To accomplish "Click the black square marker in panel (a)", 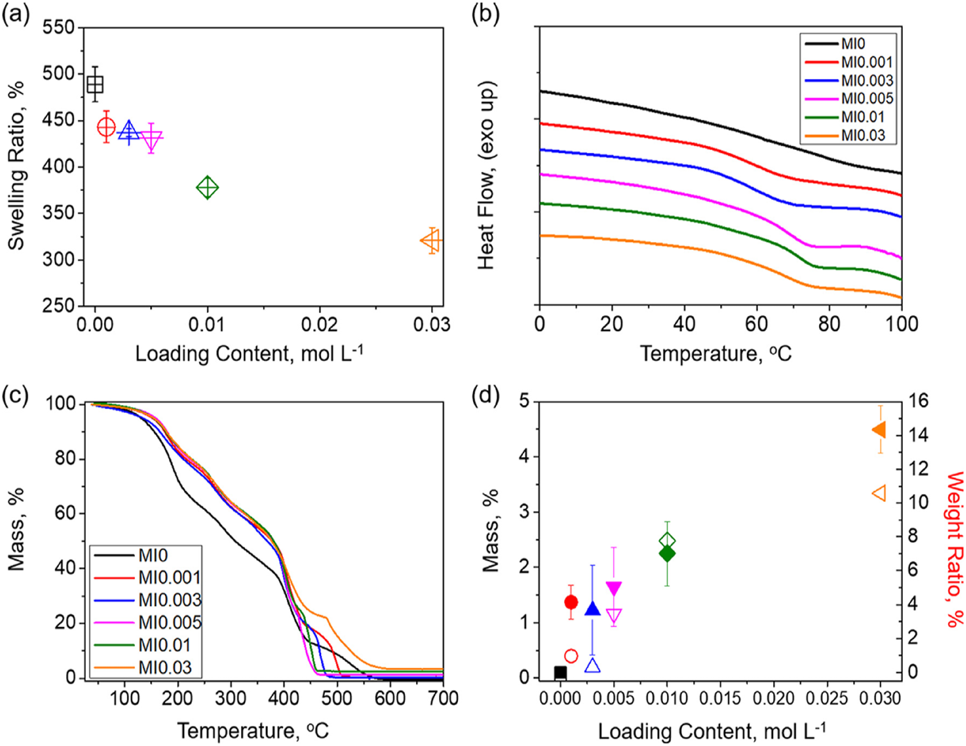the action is click(x=95, y=84).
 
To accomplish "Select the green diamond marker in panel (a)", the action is click(x=207, y=188).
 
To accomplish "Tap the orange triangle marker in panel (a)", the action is click(x=432, y=241).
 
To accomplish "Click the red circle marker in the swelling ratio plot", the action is click(x=106, y=127).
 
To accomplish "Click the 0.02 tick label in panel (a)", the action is click(x=319, y=325).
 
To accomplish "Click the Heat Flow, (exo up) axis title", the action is click(x=487, y=175).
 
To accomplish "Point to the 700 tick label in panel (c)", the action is click(x=443, y=699).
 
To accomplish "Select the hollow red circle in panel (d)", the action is click(x=571, y=656).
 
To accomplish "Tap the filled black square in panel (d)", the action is click(x=560, y=673).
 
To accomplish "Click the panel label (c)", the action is click(x=16, y=394).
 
